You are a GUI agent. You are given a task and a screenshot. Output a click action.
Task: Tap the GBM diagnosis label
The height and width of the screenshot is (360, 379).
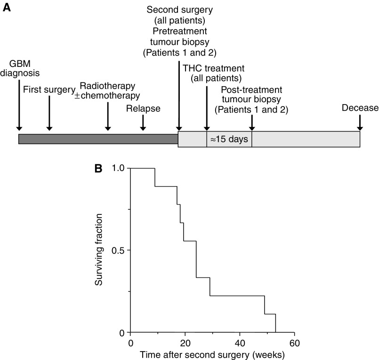coord(19,69)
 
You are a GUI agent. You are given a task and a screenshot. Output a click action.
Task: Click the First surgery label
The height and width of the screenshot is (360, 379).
coord(49,90)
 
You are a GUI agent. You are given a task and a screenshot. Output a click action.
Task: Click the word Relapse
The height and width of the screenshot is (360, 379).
coord(143,109)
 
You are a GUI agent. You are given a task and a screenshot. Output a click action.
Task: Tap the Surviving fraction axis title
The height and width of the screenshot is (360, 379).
coord(99,250)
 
